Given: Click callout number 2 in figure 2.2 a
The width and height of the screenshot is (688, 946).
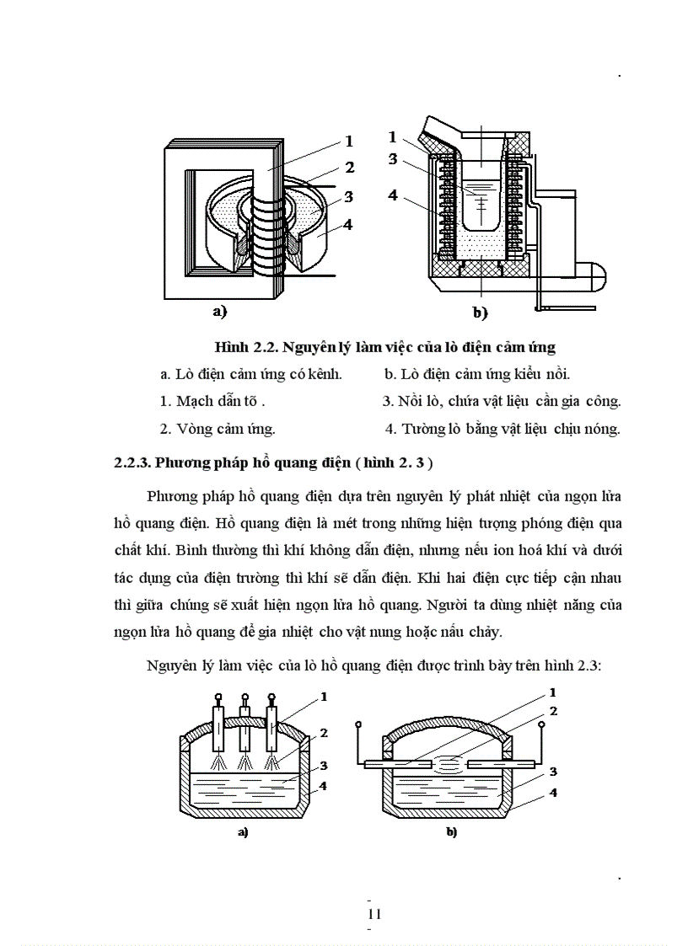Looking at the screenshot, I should click(x=349, y=167).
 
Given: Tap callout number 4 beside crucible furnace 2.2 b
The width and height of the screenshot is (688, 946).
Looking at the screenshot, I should click(x=392, y=195).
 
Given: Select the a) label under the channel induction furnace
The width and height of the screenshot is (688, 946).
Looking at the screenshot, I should click(x=219, y=312).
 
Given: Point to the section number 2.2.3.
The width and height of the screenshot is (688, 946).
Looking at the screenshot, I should click(x=137, y=462).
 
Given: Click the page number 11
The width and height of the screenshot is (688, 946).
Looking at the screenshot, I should click(x=375, y=914).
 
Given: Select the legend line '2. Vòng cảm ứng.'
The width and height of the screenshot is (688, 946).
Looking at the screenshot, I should click(x=218, y=428).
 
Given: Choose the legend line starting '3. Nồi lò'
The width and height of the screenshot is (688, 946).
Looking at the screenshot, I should click(x=502, y=401).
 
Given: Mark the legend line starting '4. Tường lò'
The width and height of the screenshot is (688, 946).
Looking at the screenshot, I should click(x=503, y=428).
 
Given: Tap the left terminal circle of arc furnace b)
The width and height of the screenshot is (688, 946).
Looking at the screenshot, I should click(x=359, y=724).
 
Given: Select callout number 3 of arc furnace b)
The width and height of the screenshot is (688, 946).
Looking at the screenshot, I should click(x=553, y=771).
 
